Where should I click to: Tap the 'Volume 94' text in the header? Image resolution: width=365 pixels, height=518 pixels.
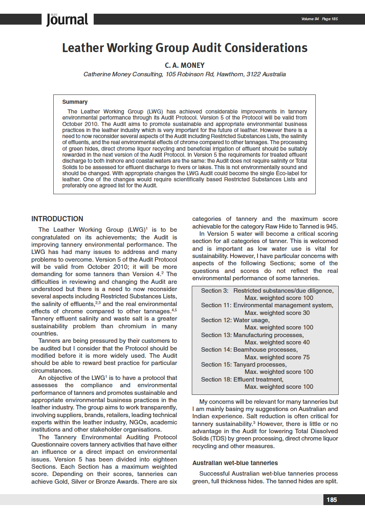click(x=310, y=19)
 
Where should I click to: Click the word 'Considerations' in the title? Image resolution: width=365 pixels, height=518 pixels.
click(x=266, y=48)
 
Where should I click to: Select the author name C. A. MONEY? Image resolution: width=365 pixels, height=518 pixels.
click(x=185, y=65)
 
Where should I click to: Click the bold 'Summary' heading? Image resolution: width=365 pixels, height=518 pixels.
click(x=75, y=102)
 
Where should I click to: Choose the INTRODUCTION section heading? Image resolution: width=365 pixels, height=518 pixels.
click(x=57, y=219)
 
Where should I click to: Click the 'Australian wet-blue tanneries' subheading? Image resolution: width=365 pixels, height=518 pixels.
click(x=235, y=463)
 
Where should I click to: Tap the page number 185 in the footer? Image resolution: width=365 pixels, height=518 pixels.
click(x=331, y=500)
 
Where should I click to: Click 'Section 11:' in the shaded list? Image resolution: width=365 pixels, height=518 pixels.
click(x=216, y=305)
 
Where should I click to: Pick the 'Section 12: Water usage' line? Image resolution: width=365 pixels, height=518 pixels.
click(x=235, y=320)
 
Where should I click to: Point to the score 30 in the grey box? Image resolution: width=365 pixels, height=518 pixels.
click(x=306, y=313)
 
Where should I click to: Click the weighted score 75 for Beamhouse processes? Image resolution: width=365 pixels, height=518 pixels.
click(x=306, y=357)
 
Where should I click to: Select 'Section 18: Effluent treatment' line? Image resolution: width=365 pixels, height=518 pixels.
click(x=242, y=379)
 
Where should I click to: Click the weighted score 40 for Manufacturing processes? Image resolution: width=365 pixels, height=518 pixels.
click(x=306, y=342)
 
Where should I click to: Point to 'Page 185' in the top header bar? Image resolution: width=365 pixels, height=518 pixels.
click(x=330, y=19)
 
